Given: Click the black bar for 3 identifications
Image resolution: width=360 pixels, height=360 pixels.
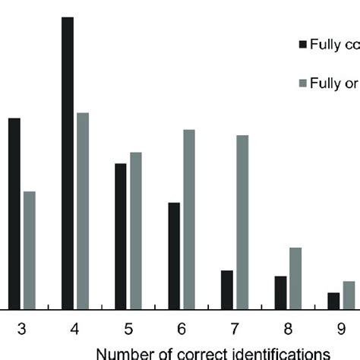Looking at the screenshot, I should click(14, 213).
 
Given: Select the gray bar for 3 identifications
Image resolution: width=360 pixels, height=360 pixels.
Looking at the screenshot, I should click(30, 250).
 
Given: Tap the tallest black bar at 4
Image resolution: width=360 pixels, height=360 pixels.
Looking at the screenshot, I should click(68, 163).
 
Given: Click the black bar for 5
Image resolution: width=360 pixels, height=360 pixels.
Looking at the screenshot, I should click(121, 236).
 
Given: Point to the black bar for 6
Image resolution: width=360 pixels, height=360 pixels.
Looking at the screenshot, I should click(174, 255).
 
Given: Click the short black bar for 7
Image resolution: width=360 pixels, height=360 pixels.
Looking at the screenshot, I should click(227, 289).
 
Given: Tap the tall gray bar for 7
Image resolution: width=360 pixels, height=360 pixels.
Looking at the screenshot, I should click(242, 222).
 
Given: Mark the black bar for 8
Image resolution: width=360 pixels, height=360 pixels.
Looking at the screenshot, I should click(280, 292).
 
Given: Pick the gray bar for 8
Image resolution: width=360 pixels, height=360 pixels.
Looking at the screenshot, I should click(295, 278).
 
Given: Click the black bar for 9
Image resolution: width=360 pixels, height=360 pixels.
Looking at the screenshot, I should click(333, 301).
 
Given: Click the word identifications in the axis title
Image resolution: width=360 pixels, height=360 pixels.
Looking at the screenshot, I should click(281, 353).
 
